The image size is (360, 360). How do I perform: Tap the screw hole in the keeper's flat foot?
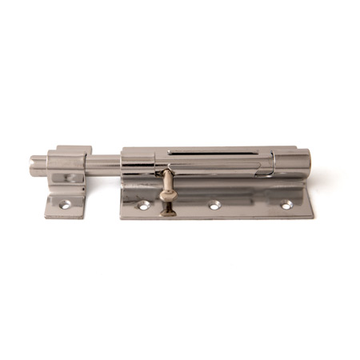(67, 205)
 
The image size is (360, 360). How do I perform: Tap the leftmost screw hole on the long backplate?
(144, 206)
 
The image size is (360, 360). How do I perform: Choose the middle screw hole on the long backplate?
(214, 206)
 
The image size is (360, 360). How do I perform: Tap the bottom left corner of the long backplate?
(121, 218)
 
